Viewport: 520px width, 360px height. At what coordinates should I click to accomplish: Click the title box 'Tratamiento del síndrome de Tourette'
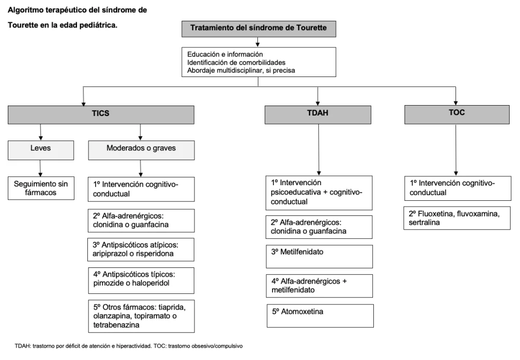click(258, 29)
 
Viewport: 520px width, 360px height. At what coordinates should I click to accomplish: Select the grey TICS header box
click(101, 115)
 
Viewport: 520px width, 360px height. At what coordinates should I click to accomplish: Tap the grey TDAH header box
click(318, 115)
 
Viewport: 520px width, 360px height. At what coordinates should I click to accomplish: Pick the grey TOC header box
click(457, 114)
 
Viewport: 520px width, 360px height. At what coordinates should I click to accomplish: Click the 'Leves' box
click(41, 150)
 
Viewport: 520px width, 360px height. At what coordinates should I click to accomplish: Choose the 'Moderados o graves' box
click(141, 150)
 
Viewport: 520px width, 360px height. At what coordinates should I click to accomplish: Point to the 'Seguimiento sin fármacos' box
click(41, 188)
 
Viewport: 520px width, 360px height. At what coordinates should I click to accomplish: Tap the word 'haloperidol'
click(151, 283)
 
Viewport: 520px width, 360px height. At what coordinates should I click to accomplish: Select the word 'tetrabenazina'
click(116, 325)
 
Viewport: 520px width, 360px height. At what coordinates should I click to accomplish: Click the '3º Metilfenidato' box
click(319, 256)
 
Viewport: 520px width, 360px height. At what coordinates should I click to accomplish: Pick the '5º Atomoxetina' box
click(320, 316)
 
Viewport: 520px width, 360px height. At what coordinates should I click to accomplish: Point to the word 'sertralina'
click(424, 222)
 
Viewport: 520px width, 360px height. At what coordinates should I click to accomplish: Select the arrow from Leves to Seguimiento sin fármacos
click(41, 168)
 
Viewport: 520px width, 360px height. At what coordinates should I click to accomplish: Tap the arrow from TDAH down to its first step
click(319, 150)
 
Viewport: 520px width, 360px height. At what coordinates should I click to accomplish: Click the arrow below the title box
click(258, 42)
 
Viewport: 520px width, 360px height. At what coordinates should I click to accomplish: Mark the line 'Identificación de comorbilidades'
click(236, 62)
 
